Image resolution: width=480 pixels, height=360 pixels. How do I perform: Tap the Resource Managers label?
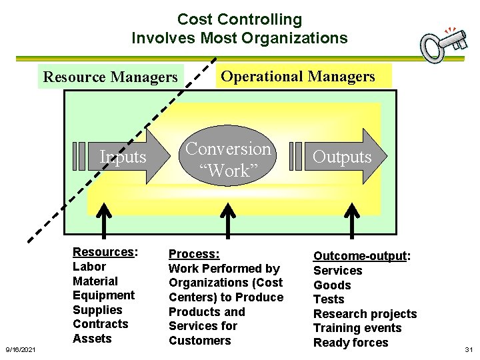[111, 77]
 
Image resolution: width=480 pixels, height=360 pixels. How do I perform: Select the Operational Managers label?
[298, 76]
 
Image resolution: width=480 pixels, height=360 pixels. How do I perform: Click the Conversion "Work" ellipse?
[229, 159]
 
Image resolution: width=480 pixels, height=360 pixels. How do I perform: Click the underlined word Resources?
[103, 252]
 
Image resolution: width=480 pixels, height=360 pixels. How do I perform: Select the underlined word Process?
[193, 254]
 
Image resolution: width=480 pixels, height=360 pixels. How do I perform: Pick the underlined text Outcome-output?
[360, 256]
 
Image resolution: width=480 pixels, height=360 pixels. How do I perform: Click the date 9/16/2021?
[21, 349]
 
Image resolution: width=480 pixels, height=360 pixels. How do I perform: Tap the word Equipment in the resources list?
[103, 295]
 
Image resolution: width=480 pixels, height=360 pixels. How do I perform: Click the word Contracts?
[100, 324]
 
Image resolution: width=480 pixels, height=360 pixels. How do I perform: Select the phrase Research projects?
[365, 314]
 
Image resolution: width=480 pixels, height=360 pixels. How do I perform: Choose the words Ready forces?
[351, 343]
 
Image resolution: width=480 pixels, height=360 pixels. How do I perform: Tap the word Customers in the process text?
[199, 341]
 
